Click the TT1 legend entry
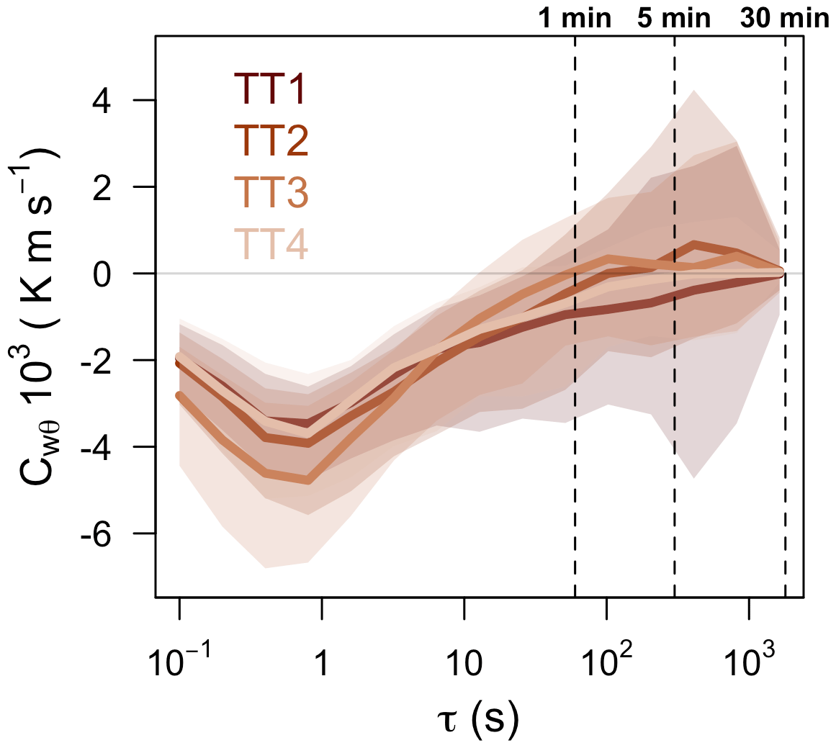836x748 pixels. pyautogui.click(x=271, y=90)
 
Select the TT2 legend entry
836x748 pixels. pyautogui.click(x=271, y=141)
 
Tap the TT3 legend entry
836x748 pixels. pyautogui.click(x=271, y=192)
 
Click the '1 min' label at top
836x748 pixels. pyautogui.click(x=575, y=18)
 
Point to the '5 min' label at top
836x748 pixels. pyautogui.click(x=674, y=18)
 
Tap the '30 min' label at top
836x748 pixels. pyautogui.click(x=785, y=18)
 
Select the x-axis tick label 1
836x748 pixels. pyautogui.click(x=322, y=664)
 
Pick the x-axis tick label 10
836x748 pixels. pyautogui.click(x=464, y=664)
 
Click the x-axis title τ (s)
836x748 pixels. pyautogui.click(x=478, y=720)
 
